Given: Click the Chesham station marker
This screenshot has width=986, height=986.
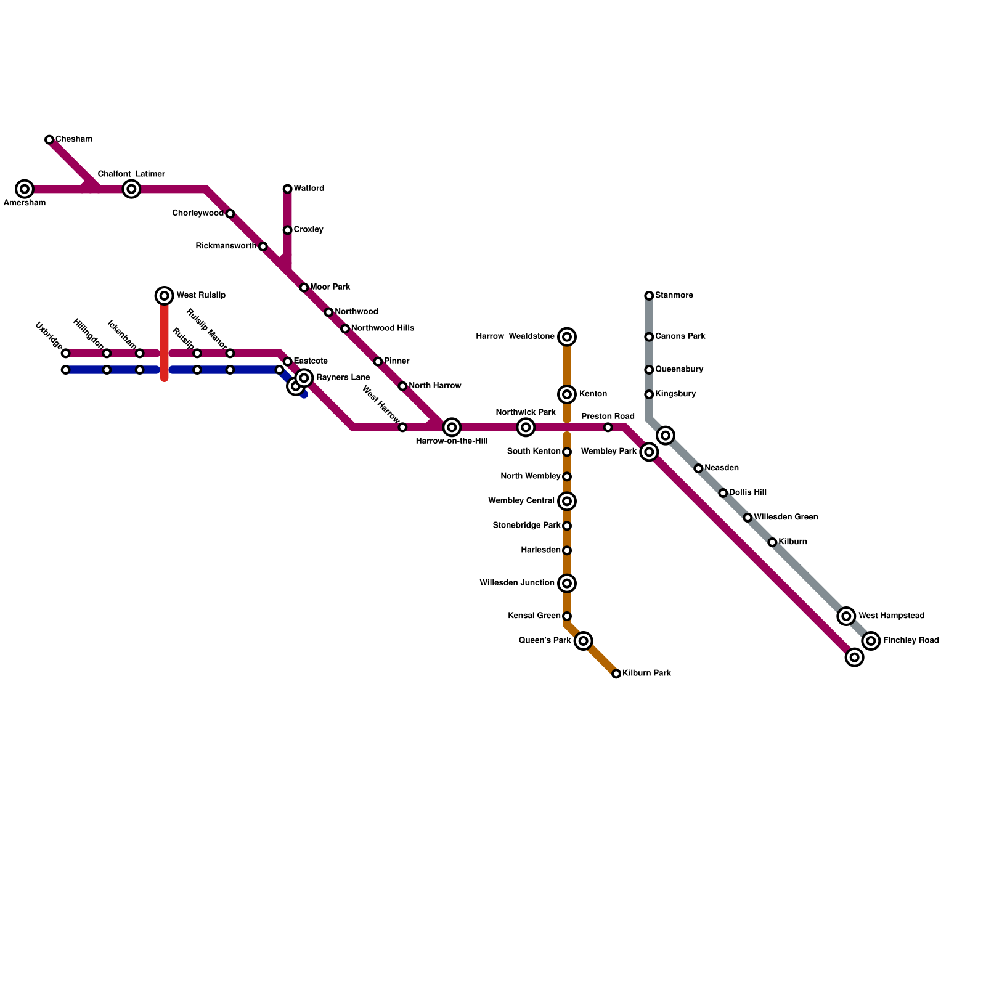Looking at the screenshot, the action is pos(49,140).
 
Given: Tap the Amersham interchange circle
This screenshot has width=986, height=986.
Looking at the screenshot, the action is pos(25,189).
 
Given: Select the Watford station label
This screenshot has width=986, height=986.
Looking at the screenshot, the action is pos(309,189).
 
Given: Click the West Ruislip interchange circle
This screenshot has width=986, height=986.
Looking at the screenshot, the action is pos(165,296).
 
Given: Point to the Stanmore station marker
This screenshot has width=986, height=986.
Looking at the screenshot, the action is pos(649,296).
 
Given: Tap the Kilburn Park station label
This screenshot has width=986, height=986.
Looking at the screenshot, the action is pos(646,674).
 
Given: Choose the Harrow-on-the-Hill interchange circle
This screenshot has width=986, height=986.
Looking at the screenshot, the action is pos(452,427).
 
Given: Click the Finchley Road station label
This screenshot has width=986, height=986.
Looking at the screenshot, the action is pos(911,641).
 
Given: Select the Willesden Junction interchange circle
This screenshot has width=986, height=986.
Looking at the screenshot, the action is pos(567,583).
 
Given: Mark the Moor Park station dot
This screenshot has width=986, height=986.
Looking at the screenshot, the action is pos(304,288).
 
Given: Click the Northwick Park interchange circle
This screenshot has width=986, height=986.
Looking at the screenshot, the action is pos(526,427).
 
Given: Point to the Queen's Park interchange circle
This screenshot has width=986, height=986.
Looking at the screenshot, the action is pos(584,641).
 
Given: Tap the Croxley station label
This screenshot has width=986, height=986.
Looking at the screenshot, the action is pos(309,230).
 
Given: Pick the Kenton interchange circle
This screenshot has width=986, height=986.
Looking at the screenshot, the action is pos(567,394).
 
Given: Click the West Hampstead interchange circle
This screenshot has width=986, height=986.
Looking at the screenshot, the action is pos(847,616).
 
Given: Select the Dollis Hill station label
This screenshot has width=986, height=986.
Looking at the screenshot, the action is pos(748,493).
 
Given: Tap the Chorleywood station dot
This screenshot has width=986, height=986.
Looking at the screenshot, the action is pos(230,214).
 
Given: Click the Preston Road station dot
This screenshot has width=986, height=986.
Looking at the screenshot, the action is pos(608,427).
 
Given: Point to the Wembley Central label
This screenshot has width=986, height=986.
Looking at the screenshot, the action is pos(521,501).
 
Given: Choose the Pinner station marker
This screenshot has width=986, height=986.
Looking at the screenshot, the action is pos(378,362).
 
